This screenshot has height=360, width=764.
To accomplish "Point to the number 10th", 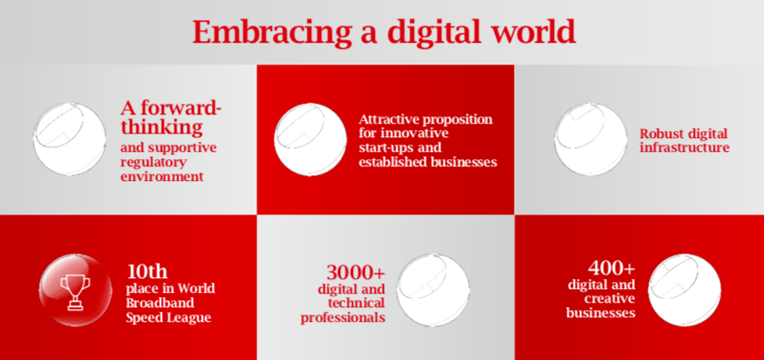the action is tap(147, 270).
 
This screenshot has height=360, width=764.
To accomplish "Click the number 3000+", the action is tap(356, 271).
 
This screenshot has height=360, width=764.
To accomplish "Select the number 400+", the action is tap(611, 267).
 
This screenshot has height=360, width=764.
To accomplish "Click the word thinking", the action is tap(162, 126).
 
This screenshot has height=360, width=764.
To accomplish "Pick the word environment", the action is tap(162, 175).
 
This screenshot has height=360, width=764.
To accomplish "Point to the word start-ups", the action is tap(384, 147).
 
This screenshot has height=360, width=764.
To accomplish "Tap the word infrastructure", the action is tap(685, 147).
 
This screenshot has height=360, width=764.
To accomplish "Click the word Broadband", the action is tap(160, 303).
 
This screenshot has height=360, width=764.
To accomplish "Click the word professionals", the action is tap(343, 317).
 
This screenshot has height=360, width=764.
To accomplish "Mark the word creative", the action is tap(609, 297).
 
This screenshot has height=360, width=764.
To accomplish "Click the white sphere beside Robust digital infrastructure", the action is tap(590, 139).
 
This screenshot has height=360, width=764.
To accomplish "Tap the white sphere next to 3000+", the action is tap(433, 290).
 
